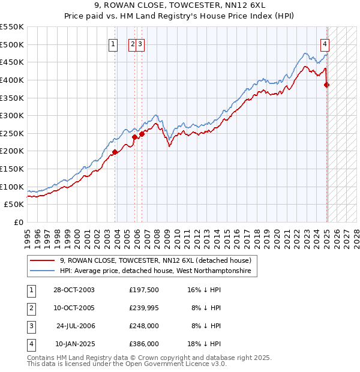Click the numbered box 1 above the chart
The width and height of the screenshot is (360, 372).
coord(112,43)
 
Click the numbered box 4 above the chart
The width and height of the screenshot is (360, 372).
coord(325,43)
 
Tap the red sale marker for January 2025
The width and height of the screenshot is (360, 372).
coord(327,85)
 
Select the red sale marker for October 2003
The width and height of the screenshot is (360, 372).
coord(115,152)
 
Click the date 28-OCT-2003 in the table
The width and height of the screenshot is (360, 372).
coord(74,290)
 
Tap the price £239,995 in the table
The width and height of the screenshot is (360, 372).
coord(144,308)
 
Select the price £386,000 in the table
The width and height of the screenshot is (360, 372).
coord(144,344)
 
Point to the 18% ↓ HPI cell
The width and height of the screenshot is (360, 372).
coord(207,344)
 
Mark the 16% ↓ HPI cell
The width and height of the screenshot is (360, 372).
coord(207,290)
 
